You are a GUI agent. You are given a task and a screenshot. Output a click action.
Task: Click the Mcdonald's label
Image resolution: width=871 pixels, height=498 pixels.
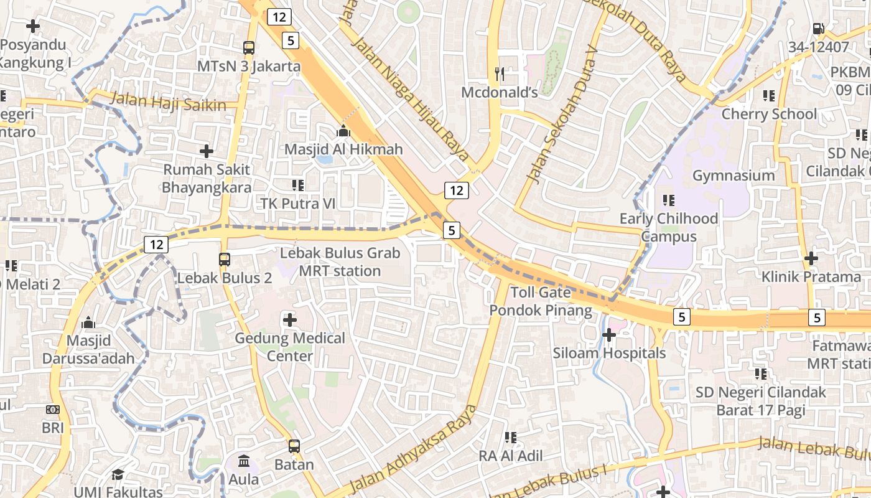[x=499, y=92]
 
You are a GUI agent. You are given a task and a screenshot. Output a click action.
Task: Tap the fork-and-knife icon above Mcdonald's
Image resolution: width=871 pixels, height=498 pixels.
[x=499, y=74]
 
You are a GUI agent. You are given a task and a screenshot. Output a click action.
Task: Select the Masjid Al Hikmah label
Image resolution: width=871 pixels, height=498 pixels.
[x=343, y=149]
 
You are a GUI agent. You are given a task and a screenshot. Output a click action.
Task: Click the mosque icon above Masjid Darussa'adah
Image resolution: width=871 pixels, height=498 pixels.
[x=88, y=322]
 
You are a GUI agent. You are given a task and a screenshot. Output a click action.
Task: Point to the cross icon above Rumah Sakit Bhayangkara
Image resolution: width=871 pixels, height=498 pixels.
[x=207, y=151]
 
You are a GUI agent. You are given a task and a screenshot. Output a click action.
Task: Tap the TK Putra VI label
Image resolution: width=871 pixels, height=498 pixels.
[x=297, y=204]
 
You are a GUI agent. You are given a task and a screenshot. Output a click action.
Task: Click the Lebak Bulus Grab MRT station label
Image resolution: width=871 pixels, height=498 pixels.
[x=340, y=262]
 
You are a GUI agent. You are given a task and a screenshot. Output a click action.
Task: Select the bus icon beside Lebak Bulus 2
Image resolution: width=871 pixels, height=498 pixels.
[x=225, y=260]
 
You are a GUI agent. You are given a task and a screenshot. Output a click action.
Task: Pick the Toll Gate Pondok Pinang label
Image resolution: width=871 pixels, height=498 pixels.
[x=540, y=301]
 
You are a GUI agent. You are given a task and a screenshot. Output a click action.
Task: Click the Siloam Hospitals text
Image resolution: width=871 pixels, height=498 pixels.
[x=609, y=353]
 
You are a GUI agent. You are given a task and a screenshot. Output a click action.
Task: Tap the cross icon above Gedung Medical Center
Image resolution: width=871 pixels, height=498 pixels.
[x=290, y=320]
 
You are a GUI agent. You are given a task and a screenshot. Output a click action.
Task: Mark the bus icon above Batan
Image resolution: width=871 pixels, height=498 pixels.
[x=294, y=446]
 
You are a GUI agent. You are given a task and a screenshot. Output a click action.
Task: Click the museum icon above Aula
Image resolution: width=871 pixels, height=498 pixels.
[x=244, y=461]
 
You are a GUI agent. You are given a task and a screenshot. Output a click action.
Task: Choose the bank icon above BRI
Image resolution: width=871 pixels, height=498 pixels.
[x=53, y=410]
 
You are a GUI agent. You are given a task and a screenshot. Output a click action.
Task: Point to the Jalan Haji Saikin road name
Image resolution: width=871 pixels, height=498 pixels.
[x=168, y=102]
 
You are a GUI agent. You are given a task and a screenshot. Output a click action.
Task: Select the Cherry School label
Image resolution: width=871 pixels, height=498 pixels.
[x=769, y=114]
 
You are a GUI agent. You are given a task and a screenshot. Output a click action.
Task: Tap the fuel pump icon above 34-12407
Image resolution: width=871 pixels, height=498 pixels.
[x=818, y=29]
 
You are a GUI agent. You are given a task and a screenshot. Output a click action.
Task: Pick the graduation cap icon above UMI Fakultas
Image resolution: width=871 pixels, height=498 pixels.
[x=118, y=474]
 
